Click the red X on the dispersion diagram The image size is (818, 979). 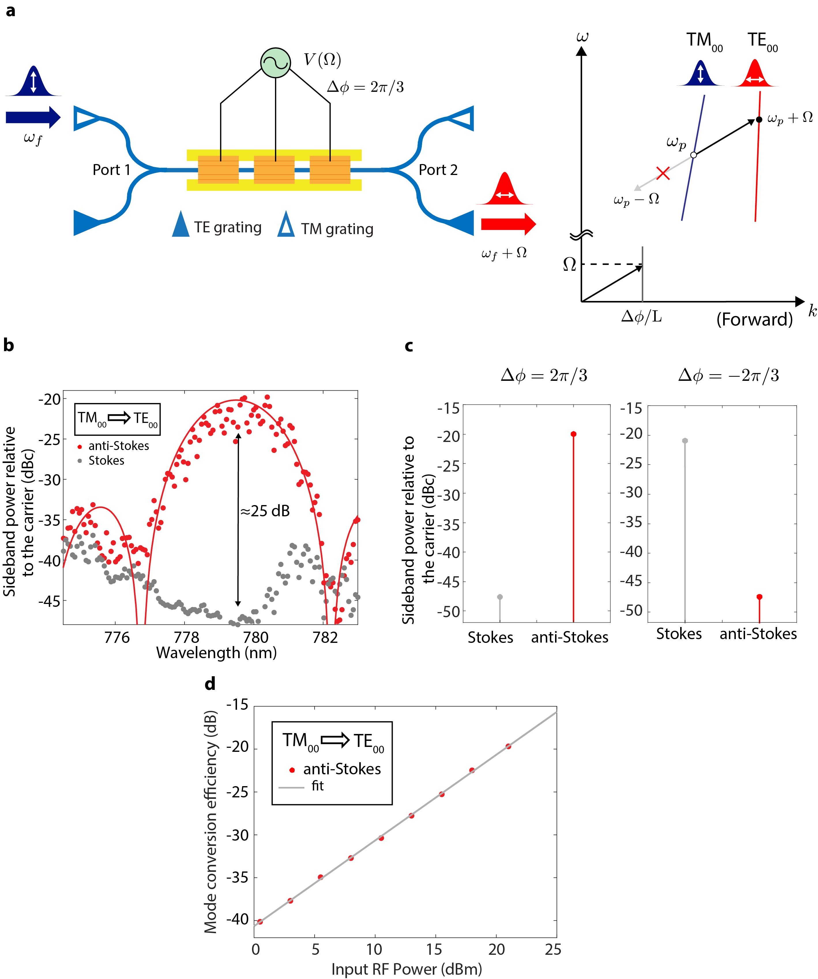click(663, 174)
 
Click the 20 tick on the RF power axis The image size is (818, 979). click(496, 950)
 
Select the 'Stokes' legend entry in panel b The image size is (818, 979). click(106, 461)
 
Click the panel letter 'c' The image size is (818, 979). click(409, 346)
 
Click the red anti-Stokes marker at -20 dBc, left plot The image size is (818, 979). click(573, 434)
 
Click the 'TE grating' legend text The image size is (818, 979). click(227, 227)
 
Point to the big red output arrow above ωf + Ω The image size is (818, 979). click(508, 224)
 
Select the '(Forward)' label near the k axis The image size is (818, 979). click(754, 319)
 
